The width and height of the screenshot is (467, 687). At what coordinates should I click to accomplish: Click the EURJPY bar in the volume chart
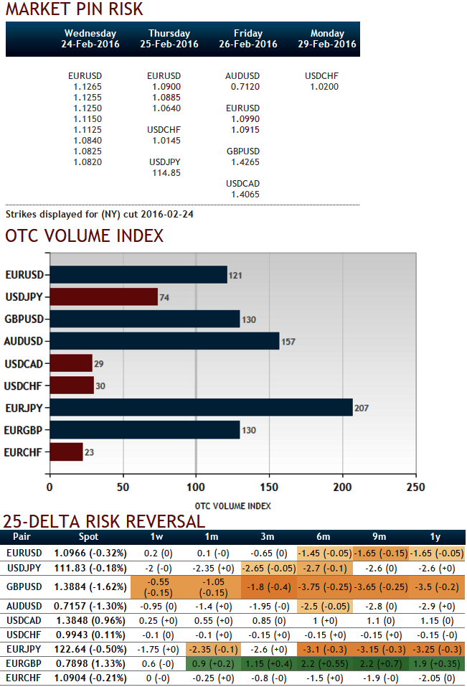coord(201,407)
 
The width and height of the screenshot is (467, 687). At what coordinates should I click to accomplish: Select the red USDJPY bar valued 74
coord(103,296)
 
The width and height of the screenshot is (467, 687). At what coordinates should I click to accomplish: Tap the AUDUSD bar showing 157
coord(164,341)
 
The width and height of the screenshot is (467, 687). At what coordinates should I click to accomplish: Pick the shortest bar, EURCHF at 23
coord(66,452)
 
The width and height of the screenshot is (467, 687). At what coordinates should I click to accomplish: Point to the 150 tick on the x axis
coord(269,487)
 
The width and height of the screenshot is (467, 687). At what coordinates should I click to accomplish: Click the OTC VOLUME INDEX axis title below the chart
coord(233,505)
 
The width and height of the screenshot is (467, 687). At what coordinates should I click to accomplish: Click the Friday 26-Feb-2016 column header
coord(248,39)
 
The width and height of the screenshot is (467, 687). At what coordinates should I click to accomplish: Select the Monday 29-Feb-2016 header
coord(327,39)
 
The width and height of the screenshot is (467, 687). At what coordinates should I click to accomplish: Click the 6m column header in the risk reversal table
coord(324,537)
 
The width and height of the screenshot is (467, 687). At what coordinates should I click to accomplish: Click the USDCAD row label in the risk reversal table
coord(24,620)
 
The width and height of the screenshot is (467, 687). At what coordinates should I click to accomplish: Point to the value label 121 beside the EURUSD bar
coord(235,276)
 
